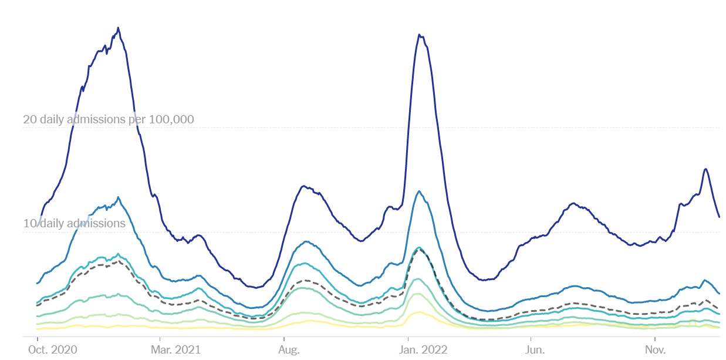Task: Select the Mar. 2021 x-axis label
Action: click(x=176, y=350)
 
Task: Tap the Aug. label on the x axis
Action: click(x=289, y=350)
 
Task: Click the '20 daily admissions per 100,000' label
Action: click(x=109, y=120)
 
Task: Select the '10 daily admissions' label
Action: click(x=75, y=224)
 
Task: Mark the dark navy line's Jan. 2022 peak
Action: click(x=419, y=35)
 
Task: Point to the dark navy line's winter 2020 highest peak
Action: click(x=118, y=28)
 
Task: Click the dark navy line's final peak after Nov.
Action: click(x=705, y=169)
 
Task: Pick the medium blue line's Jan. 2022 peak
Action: click(x=419, y=191)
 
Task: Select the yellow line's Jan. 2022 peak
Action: click(x=419, y=312)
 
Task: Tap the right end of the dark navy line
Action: click(x=720, y=217)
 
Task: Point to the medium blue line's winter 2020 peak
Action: click(x=118, y=197)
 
